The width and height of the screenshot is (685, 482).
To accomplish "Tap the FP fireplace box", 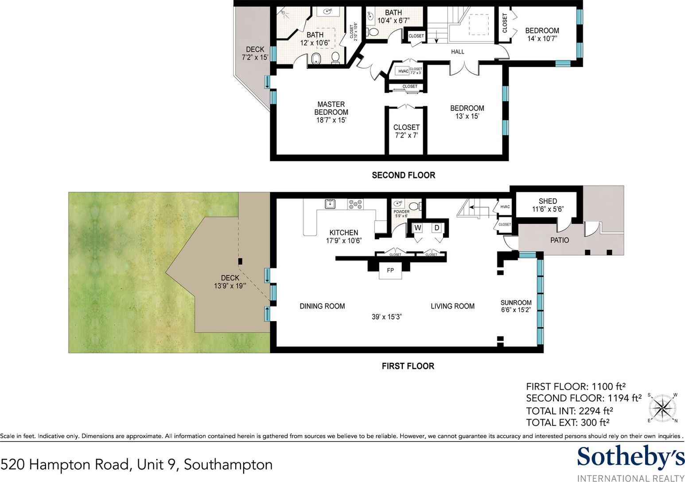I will pyautogui.click(x=390, y=270).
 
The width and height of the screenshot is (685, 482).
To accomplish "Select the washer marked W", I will pyautogui.click(x=417, y=228).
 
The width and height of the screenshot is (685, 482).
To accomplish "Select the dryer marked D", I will pyautogui.click(x=436, y=228).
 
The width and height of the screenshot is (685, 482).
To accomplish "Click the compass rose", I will pyautogui.click(x=662, y=407).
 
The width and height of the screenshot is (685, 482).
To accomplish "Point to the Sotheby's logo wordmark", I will pyautogui.click(x=631, y=457).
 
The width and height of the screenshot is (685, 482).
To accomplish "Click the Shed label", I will pyautogui.click(x=548, y=201).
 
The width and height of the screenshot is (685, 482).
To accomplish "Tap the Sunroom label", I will pyautogui.click(x=516, y=303).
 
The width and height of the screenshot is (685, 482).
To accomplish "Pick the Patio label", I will pyautogui.click(x=559, y=240).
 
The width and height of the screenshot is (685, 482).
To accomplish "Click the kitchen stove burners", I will pyautogui.click(x=355, y=204).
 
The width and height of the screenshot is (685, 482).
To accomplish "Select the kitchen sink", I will pyautogui.click(x=330, y=204).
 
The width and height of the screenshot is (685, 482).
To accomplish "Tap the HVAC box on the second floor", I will pyautogui.click(x=403, y=71).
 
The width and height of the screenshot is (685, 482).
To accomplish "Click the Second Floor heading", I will pyautogui.click(x=403, y=175).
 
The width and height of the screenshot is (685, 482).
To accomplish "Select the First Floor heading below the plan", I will pyautogui.click(x=408, y=366).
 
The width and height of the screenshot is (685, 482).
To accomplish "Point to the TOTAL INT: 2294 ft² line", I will pyautogui.click(x=569, y=411).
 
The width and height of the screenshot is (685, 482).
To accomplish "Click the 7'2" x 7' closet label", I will pyautogui.click(x=406, y=131).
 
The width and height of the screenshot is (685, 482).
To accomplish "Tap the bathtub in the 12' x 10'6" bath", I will pyautogui.click(x=316, y=59).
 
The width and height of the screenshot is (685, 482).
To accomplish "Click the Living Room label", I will pyautogui.click(x=452, y=306).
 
